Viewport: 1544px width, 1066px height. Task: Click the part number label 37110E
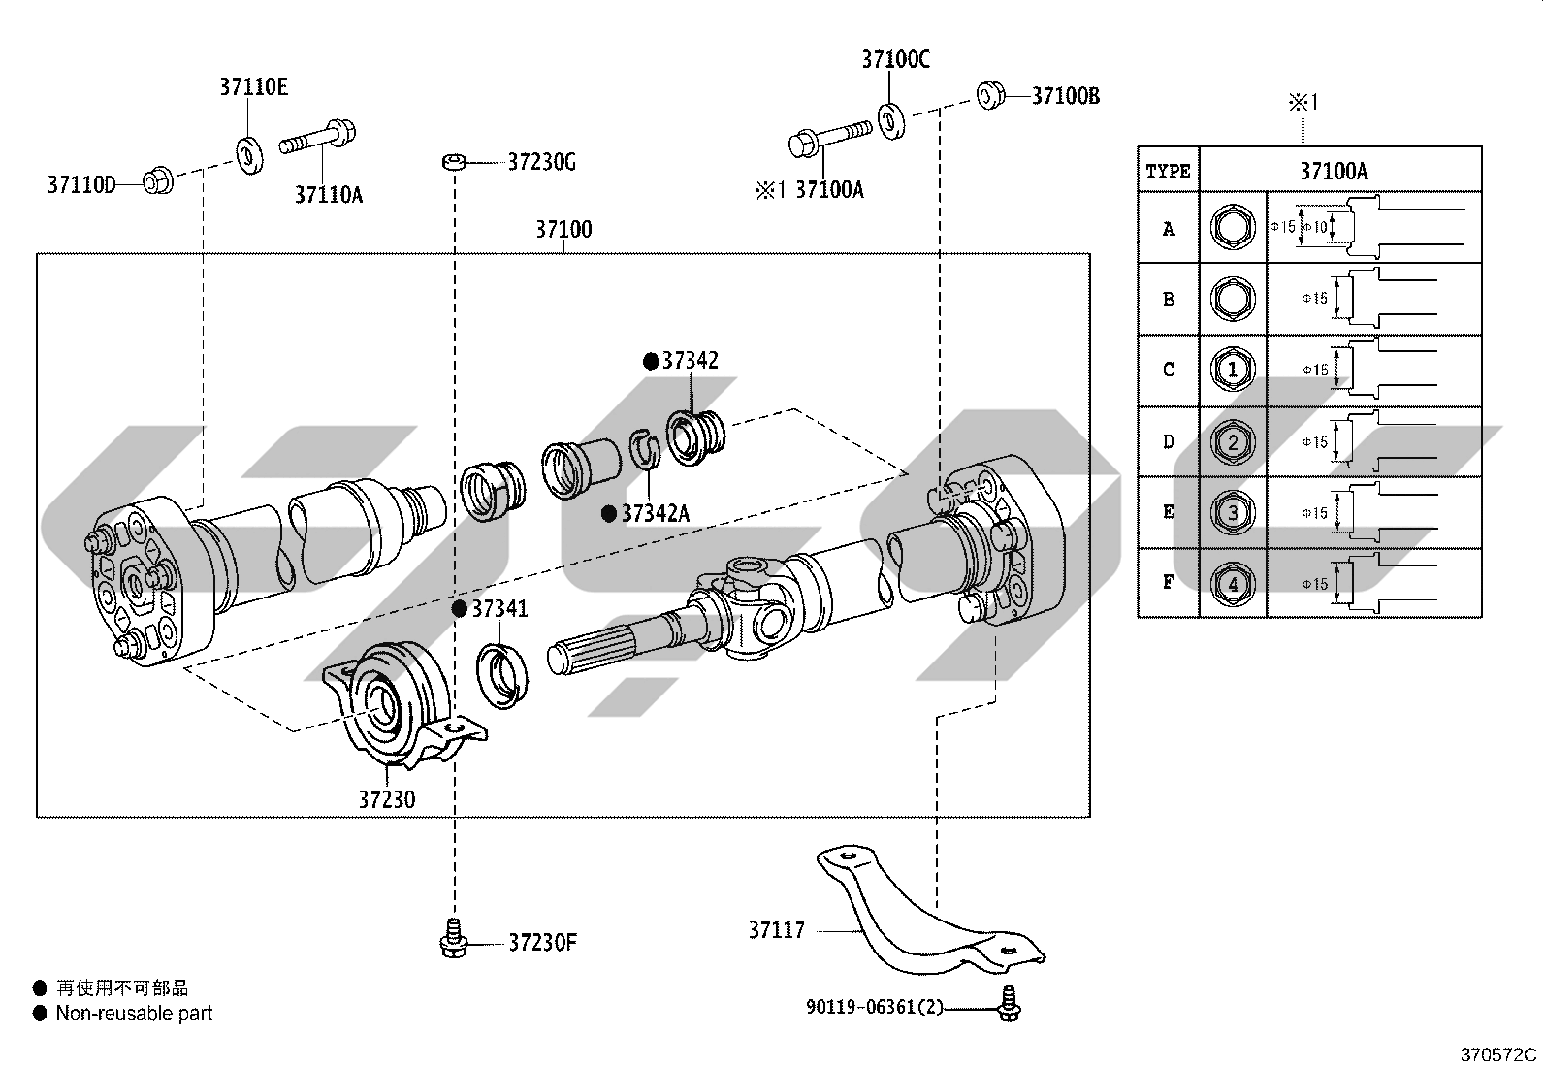[x=254, y=87]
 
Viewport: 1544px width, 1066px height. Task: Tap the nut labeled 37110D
[x=157, y=182]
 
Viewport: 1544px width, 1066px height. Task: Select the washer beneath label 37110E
[x=249, y=156]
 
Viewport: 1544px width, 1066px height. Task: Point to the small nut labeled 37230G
[x=454, y=162]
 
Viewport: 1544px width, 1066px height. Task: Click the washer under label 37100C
[x=892, y=120]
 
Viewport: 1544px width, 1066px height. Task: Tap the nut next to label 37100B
[x=991, y=95]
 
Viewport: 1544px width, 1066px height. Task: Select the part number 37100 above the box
[x=563, y=229]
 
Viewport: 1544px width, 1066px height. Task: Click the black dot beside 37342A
[x=609, y=514]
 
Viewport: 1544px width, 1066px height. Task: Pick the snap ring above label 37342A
[x=645, y=449]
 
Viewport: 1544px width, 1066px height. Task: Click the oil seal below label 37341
[x=502, y=676]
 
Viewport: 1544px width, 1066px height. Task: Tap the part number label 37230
[x=387, y=800]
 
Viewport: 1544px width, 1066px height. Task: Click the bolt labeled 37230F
[x=454, y=938]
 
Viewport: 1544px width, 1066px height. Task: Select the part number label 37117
[x=777, y=930]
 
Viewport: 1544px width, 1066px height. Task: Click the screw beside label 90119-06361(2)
[x=1009, y=1003]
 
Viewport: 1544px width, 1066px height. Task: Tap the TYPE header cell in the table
[x=1169, y=171]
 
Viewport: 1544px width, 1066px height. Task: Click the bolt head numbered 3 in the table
[x=1233, y=512]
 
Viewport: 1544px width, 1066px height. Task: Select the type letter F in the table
[x=1169, y=583]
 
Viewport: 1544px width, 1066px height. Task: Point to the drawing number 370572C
[x=1498, y=1055]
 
